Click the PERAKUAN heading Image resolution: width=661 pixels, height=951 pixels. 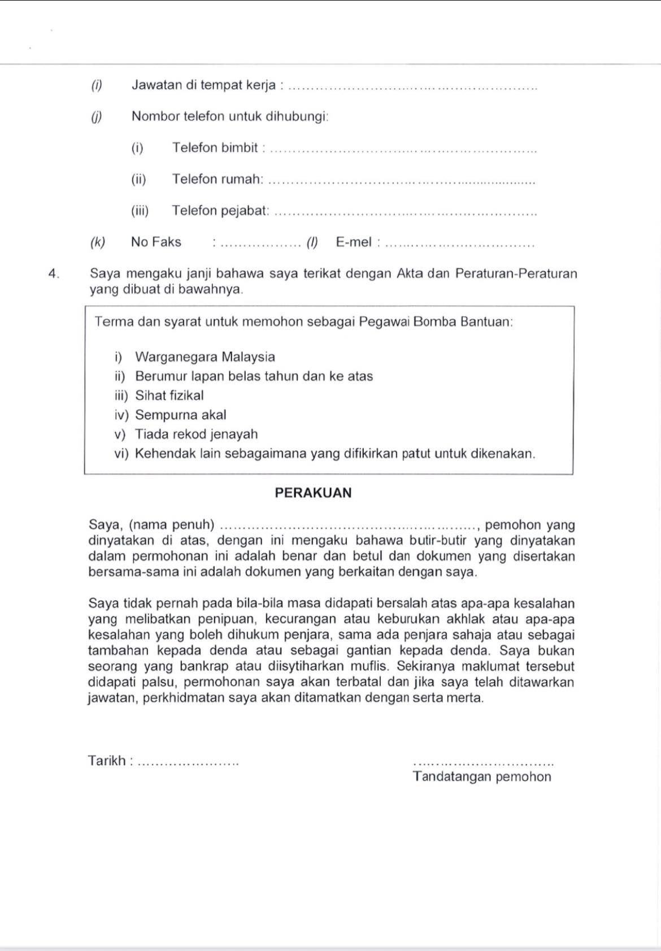tap(313, 493)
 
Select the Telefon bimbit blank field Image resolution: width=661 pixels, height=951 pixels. tap(403, 150)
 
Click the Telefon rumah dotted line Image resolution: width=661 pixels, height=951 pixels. tap(401, 181)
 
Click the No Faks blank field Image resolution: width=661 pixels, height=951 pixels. tap(260, 245)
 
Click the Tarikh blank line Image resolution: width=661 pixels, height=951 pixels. tap(189, 763)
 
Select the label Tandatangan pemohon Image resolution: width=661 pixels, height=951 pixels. tap(482, 776)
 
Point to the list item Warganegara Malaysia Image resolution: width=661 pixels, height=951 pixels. tap(205, 357)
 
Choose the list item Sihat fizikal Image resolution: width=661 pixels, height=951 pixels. tap(169, 396)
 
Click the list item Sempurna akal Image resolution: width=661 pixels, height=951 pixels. tap(180, 415)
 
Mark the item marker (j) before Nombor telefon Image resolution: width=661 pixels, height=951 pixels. tap(97, 116)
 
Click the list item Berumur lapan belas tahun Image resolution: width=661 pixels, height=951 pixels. tap(254, 376)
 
